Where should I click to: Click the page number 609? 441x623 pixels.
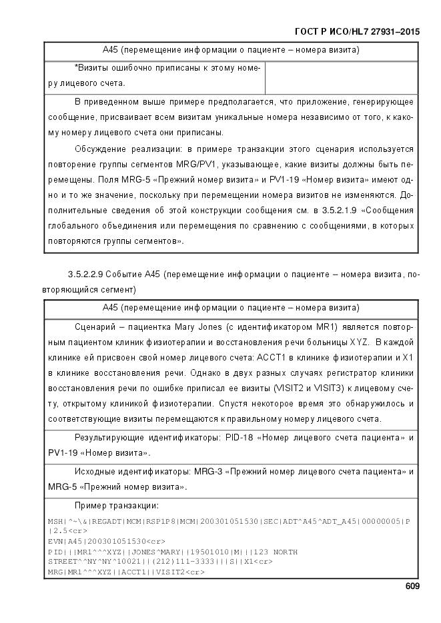[412, 586]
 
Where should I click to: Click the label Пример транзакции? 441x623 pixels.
[117, 505]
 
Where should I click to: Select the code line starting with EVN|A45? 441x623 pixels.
[107, 542]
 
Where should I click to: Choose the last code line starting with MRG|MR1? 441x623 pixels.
[126, 571]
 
